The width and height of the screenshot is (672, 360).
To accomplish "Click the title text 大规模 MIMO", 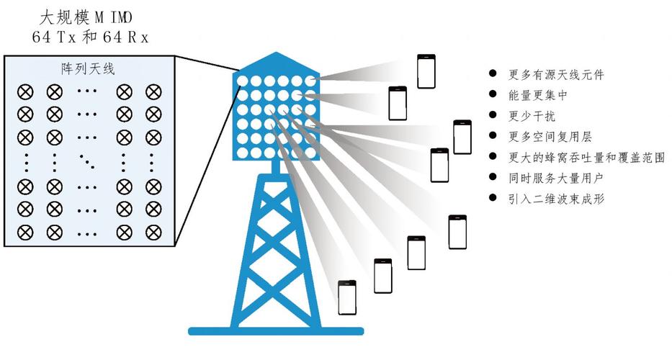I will [89, 17].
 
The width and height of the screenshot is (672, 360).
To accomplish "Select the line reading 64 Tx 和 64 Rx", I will [89, 37].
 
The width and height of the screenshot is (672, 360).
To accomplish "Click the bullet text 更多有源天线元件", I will [556, 74].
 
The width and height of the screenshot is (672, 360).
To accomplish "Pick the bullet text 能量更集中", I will [537, 94].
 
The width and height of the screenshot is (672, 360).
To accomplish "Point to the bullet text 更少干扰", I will [532, 115].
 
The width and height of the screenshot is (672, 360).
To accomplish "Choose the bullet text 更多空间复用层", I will [550, 136].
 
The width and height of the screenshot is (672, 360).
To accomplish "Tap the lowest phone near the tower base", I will [349, 298].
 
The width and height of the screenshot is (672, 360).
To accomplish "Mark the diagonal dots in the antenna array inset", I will [88, 161].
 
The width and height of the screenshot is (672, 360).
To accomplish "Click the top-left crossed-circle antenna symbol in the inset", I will [25, 91].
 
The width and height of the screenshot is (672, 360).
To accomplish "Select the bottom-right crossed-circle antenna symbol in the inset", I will [153, 232].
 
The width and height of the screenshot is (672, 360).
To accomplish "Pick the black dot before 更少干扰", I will [493, 114].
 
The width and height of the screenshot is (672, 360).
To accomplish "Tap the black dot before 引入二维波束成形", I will [493, 197].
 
